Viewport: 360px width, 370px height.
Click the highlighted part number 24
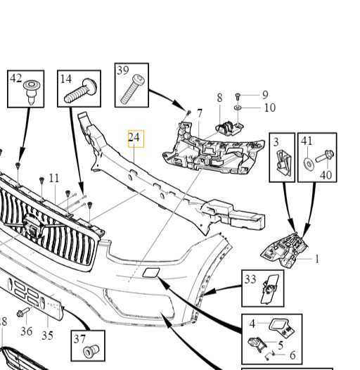point(135,138)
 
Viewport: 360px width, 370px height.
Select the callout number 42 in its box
point(16,79)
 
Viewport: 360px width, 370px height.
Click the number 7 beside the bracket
point(199,113)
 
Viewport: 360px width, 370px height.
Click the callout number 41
point(307,141)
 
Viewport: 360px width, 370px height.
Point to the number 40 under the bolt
point(326,174)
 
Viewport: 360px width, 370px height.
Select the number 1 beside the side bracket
point(316,258)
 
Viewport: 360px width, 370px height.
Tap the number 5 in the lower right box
point(281,345)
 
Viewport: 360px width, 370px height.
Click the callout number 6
point(292,355)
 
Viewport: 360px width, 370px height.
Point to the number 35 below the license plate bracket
point(47,335)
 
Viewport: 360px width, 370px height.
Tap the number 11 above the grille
point(54,178)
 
